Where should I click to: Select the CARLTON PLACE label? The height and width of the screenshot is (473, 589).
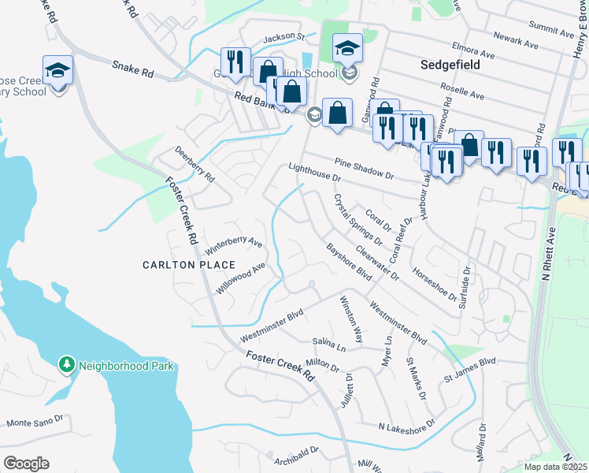(189, 265)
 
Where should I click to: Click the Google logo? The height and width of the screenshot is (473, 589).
(26, 464)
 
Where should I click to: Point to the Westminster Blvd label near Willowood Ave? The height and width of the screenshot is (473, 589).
(272, 326)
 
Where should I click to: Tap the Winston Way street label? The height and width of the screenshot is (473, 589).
(350, 318)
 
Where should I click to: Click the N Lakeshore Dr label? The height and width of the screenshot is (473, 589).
(406, 426)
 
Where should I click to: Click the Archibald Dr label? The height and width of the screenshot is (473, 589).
(297, 454)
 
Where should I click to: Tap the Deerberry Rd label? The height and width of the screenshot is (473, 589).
(194, 165)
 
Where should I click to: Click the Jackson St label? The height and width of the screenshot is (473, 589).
(283, 37)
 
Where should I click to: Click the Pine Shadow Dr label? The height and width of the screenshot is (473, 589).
(363, 168)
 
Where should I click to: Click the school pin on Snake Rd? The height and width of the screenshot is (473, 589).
(57, 71)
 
